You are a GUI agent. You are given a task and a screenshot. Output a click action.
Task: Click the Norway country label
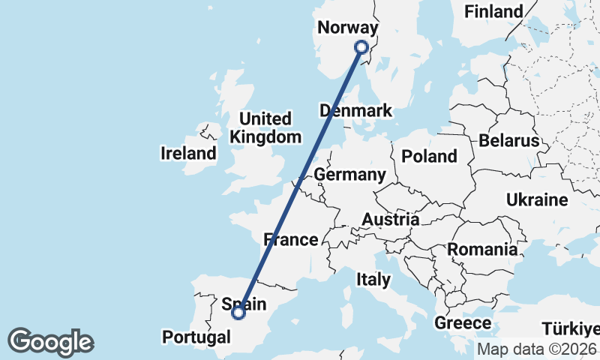[347, 28]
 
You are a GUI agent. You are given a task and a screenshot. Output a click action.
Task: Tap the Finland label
[493, 11]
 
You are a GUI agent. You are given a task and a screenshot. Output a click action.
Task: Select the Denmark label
[355, 111]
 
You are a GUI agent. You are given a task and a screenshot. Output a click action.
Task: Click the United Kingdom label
[265, 127]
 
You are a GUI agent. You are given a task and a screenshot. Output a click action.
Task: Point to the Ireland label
[188, 154]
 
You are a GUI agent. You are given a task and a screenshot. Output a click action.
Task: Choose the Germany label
[349, 175]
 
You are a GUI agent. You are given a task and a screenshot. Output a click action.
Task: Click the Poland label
[429, 156]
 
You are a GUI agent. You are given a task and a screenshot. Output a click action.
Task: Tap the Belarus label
[509, 140]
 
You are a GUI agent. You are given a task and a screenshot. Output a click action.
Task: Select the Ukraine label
[537, 200]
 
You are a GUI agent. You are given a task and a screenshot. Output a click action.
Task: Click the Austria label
[390, 220]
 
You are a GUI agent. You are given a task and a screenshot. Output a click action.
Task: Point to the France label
[291, 240]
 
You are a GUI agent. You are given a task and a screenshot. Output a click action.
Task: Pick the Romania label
[482, 249]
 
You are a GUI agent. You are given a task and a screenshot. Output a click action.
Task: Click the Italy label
[373, 280]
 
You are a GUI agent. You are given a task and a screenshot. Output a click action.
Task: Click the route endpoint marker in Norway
[361, 46]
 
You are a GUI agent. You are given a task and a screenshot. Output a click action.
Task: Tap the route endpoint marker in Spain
[238, 313]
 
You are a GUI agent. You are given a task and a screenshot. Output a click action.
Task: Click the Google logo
[50, 341]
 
